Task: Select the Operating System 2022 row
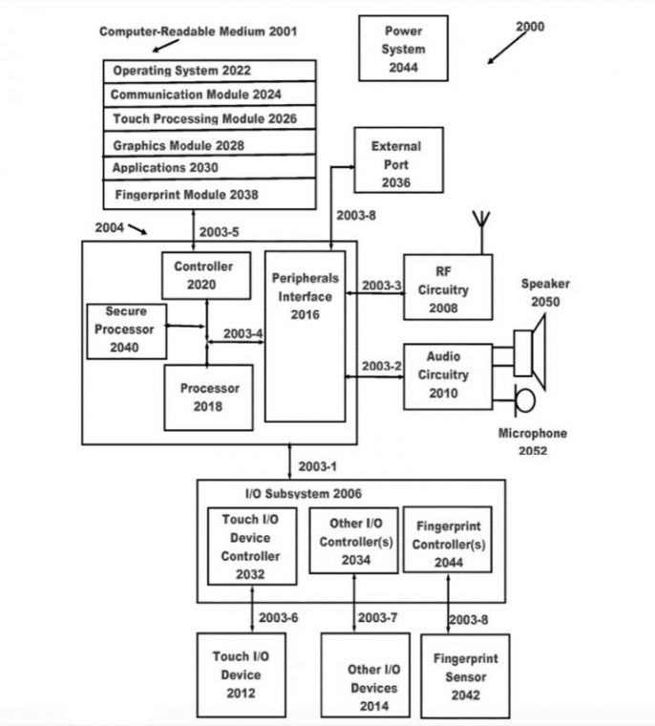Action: point(210,72)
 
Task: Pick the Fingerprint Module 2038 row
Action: point(210,195)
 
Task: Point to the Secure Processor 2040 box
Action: point(125,331)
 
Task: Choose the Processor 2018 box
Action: point(208,397)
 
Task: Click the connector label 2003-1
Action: point(318,466)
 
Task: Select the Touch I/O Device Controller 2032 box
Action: point(251,546)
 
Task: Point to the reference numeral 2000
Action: point(530,28)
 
